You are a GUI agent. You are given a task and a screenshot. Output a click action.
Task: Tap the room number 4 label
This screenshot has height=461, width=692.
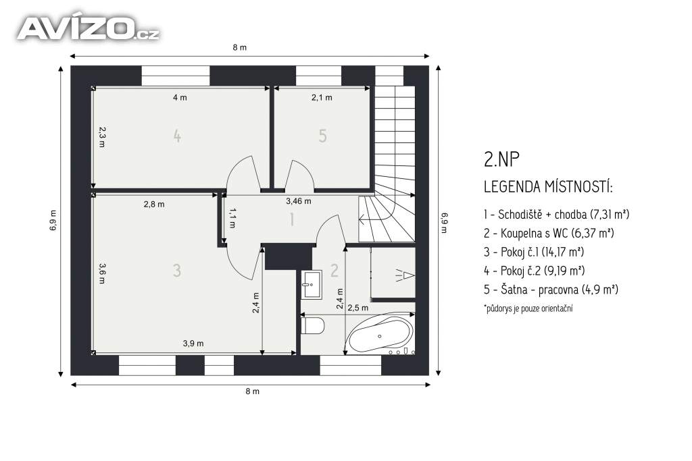tap(177, 136)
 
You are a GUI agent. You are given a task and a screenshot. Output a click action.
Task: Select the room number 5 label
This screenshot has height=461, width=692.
tap(322, 136)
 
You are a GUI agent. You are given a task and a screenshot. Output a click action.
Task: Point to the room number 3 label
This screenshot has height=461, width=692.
tap(177, 270)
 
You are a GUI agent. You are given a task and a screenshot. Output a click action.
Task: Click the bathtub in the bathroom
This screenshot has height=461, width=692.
tap(380, 335)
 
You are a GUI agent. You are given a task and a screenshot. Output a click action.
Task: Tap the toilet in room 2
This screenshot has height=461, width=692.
tap(313, 326)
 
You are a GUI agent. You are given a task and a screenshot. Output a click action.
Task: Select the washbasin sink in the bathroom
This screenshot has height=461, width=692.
tap(312, 284)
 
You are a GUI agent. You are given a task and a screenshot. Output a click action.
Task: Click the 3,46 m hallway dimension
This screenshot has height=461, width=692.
tap(298, 201)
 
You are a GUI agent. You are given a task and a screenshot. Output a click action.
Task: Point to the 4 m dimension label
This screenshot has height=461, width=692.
tap(180, 97)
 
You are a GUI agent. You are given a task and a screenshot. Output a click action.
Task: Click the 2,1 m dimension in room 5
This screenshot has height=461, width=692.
tap(322, 97)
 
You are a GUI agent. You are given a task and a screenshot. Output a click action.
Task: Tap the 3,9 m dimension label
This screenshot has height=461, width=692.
tap(193, 344)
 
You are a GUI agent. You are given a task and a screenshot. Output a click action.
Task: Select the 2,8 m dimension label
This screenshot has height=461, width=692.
tap(154, 204)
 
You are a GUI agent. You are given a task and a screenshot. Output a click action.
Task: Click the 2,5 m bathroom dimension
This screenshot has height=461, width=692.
tap(357, 308)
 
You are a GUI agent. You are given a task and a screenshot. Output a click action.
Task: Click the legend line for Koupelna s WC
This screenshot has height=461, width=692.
tap(549, 233)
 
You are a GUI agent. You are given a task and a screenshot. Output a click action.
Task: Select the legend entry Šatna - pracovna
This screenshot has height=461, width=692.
tap(551, 290)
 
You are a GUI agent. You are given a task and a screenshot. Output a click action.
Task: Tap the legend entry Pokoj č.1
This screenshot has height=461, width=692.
tap(534, 252)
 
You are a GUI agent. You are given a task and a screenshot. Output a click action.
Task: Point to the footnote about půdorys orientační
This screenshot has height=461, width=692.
tap(528, 308)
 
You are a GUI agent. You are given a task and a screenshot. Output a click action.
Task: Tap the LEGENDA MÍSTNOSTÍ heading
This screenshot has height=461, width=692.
tap(548, 187)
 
